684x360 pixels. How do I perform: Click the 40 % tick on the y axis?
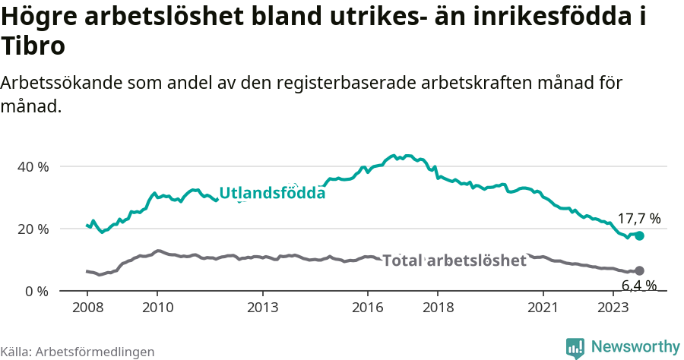(33, 166)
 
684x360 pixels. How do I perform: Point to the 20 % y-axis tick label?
(33, 229)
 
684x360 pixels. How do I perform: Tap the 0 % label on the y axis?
(37, 291)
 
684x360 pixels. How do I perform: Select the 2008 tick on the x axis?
(87, 307)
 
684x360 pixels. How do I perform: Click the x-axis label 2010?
(157, 307)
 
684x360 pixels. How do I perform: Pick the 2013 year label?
(262, 307)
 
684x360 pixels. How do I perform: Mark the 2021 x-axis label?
(543, 307)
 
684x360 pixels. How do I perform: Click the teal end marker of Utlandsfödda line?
(640, 236)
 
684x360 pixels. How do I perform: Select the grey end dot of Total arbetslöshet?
(640, 270)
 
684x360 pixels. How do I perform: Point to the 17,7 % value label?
(638, 219)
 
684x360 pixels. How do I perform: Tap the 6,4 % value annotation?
(638, 286)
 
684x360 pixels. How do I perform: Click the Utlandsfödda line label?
(272, 193)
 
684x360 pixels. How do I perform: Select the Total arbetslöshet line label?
(454, 261)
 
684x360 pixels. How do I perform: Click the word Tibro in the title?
(33, 46)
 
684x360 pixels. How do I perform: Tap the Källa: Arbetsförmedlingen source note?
(78, 352)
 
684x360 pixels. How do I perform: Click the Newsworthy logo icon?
(575, 348)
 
